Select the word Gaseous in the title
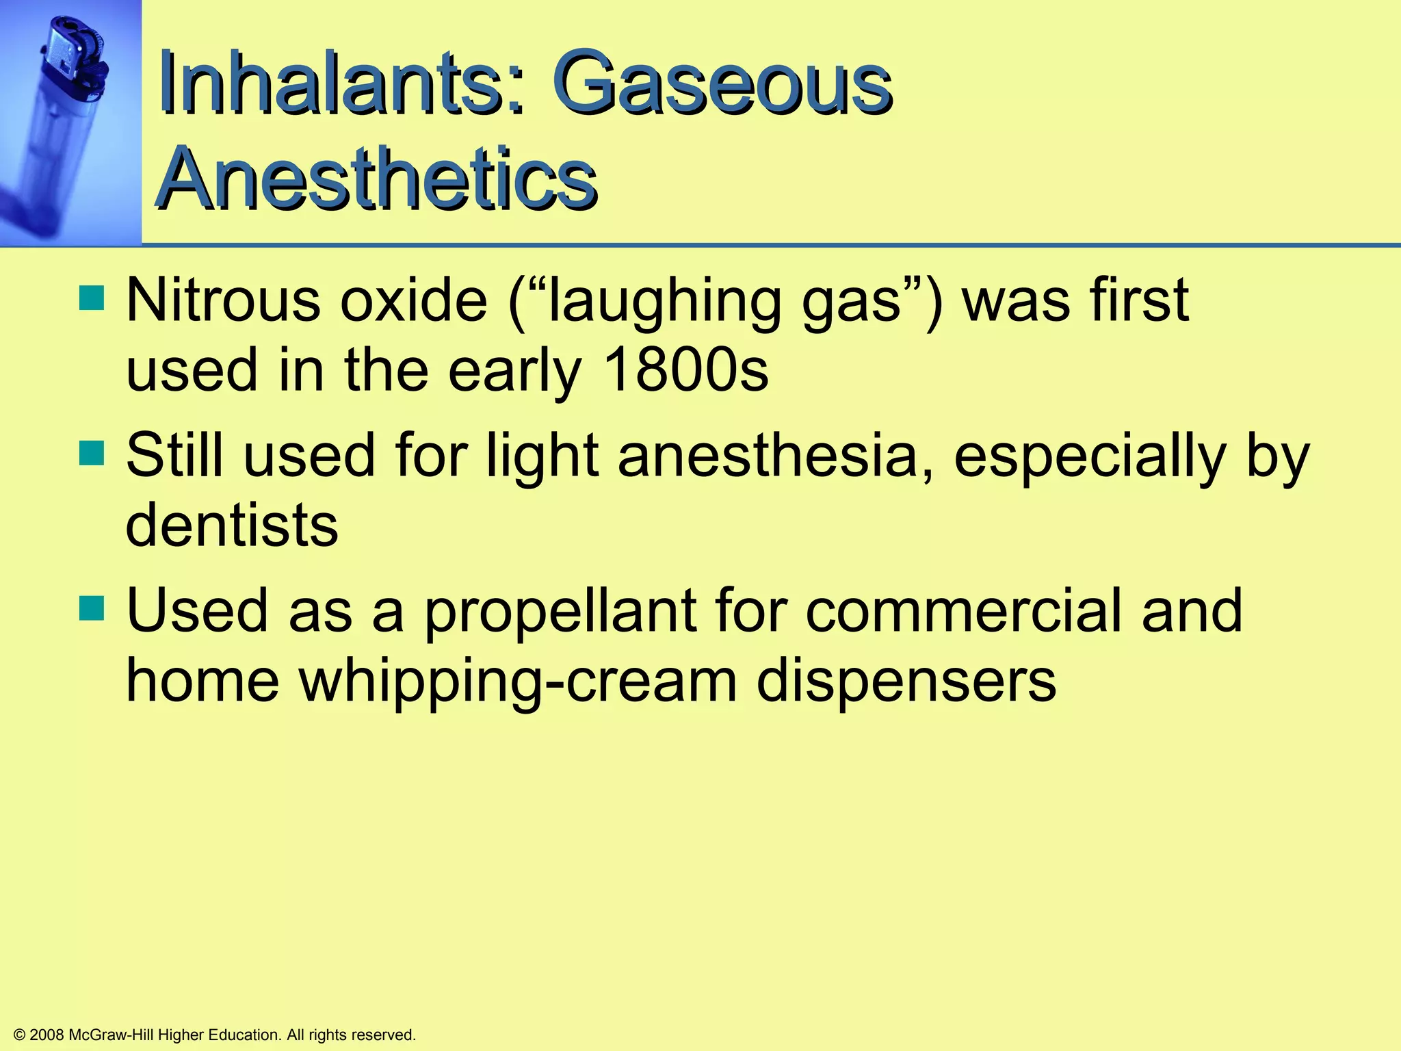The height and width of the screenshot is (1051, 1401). tap(722, 85)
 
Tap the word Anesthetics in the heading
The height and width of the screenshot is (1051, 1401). tap(378, 179)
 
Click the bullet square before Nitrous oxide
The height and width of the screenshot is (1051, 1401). tap(92, 298)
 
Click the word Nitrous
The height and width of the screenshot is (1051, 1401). tap(223, 300)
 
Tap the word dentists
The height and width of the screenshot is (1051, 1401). tap(232, 525)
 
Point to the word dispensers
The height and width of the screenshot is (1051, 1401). tap(906, 682)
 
